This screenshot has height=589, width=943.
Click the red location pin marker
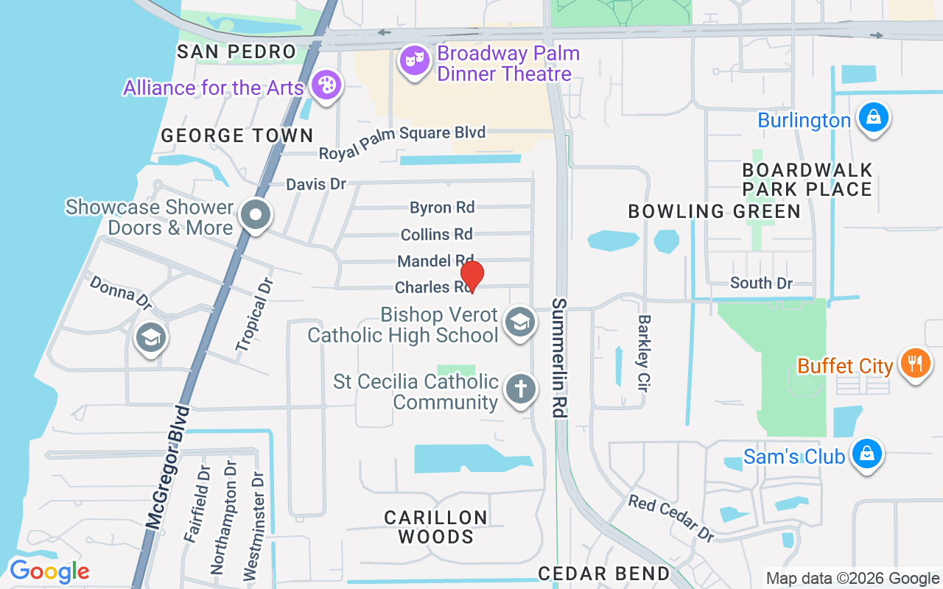click(x=471, y=277)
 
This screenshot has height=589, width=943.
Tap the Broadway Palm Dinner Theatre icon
click(x=415, y=60)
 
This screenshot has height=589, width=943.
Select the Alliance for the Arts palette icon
click(x=325, y=85)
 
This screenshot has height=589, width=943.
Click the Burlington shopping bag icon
click(x=873, y=118)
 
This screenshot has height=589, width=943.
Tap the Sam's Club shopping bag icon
click(x=867, y=454)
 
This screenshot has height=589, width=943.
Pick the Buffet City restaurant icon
click(x=915, y=364)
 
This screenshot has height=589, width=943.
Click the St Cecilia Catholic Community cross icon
click(x=521, y=389)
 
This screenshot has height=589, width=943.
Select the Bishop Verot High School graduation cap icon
click(x=520, y=322)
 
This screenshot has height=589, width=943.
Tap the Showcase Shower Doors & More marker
click(x=256, y=216)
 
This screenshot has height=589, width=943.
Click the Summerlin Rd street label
click(x=560, y=359)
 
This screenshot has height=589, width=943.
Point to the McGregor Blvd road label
click(x=168, y=468)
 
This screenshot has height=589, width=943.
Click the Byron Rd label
click(x=442, y=208)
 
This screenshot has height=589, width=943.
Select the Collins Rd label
click(x=437, y=234)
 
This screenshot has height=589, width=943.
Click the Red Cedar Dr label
click(x=671, y=518)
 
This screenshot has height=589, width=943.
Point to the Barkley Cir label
click(x=644, y=353)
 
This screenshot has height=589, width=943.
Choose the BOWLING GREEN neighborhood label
click(x=714, y=211)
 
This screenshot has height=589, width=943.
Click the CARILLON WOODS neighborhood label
click(x=436, y=527)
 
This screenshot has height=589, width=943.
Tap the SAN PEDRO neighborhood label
click(x=236, y=52)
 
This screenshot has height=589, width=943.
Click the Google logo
click(x=49, y=571)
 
